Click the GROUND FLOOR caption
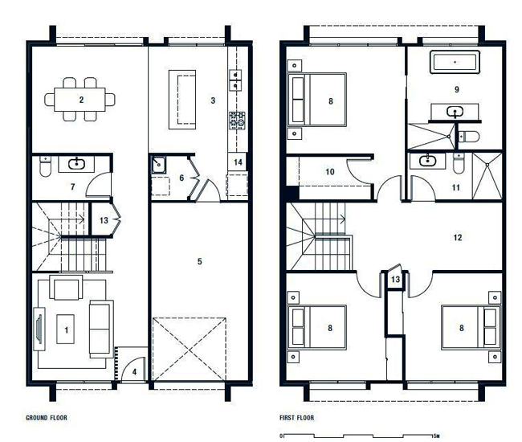(47, 418)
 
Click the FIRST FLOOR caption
(296, 418)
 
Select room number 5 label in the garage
(199, 261)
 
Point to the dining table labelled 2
(80, 100)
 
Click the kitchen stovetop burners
(237, 121)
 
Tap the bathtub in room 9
(455, 62)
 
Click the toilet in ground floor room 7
(45, 166)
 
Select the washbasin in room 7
(76, 164)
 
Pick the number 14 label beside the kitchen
(238, 162)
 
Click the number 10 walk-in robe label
(329, 171)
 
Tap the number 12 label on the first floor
(458, 238)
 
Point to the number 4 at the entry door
(134, 372)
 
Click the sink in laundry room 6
(159, 165)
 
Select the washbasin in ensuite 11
(427, 161)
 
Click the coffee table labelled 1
(66, 329)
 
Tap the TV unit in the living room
(39, 329)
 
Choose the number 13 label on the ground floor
(104, 220)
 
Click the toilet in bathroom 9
(469, 137)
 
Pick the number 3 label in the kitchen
(213, 100)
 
